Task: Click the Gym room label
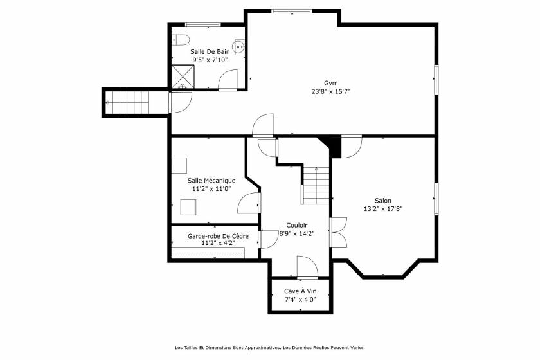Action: tap(330, 83)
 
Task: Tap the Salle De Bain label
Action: tap(210, 51)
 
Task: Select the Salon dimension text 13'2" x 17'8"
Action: tap(383, 208)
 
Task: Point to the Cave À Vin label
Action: tap(301, 291)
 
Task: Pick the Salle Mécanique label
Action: tap(212, 181)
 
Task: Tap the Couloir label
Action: tap(297, 225)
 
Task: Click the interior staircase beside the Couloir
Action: tap(316, 185)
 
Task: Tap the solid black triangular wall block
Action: tap(332, 144)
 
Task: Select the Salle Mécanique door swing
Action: tap(249, 204)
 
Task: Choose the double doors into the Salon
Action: tap(337, 231)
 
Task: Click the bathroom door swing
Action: tap(228, 80)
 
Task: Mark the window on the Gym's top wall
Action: tap(292, 11)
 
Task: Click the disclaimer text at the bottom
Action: tap(270, 348)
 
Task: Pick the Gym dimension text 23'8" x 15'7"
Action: tap(330, 91)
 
